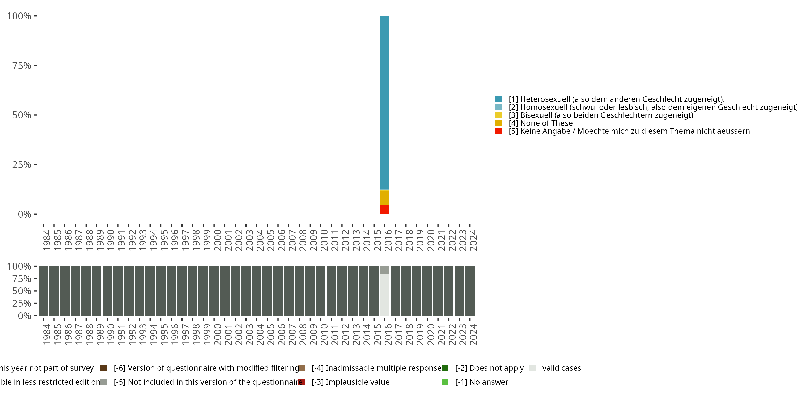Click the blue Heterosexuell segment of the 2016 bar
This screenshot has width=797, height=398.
[x=385, y=102]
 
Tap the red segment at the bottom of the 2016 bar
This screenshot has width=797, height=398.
[x=385, y=210]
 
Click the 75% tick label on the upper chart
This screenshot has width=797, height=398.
[x=22, y=66]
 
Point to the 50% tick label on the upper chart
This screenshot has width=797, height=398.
[x=22, y=115]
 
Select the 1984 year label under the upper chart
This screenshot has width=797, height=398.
[x=46, y=240]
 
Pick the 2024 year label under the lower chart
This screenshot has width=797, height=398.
[x=473, y=334]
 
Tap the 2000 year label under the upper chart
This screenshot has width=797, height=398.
[x=217, y=240]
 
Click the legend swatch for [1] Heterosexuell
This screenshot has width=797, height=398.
[x=498, y=99]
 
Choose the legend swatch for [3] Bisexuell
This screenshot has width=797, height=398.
[x=498, y=115]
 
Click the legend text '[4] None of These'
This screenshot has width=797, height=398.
[x=541, y=123]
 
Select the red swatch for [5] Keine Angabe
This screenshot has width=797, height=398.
[x=498, y=131]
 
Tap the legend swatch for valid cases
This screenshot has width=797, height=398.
[x=532, y=368]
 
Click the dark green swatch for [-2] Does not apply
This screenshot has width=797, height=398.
[x=445, y=368]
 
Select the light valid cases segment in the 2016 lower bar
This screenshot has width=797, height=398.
[x=385, y=295]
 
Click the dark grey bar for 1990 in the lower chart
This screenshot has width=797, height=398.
[x=107, y=291]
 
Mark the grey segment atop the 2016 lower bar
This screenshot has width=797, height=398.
[x=385, y=270]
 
